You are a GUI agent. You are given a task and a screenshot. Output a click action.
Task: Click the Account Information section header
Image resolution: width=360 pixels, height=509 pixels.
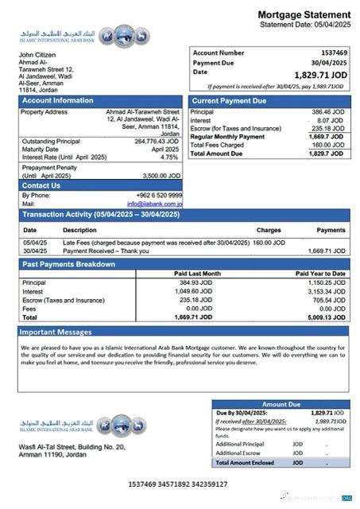pyautogui.click(x=57, y=101)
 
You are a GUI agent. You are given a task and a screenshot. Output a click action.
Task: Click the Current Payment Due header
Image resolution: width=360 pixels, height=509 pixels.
pyautogui.click(x=229, y=101)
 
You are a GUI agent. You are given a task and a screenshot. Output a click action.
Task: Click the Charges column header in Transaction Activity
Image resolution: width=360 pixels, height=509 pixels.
pyautogui.click(x=269, y=230)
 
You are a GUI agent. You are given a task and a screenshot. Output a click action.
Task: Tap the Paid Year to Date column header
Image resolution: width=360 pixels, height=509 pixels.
pyautogui.click(x=320, y=274)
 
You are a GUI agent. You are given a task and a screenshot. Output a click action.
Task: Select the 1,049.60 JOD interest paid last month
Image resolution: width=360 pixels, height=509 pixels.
pyautogui.click(x=195, y=291)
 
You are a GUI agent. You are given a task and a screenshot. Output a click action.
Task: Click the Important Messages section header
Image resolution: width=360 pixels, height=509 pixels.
pyautogui.click(x=56, y=332)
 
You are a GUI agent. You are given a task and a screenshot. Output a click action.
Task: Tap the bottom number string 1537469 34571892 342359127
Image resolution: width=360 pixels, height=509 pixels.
pyautogui.click(x=178, y=484)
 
